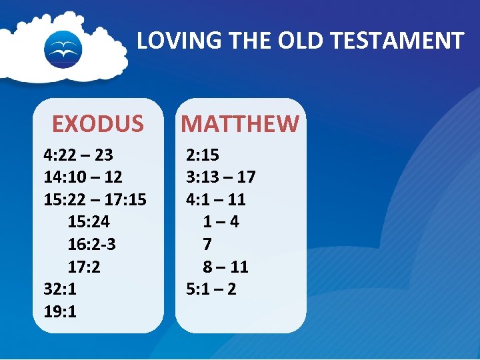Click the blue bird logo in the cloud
click(63, 48)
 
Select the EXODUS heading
click(98, 124)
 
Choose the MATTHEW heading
click(241, 124)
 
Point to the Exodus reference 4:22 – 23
click(78, 155)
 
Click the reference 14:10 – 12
click(83, 177)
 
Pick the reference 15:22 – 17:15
click(95, 199)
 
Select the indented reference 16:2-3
click(92, 245)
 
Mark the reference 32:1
click(60, 289)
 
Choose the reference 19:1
click(60, 311)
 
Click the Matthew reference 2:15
click(203, 155)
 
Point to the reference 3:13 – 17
click(221, 177)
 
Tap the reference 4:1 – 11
click(216, 199)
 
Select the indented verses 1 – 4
click(221, 222)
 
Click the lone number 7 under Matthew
click(207, 245)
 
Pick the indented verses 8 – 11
click(226, 267)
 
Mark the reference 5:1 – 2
click(211, 289)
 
